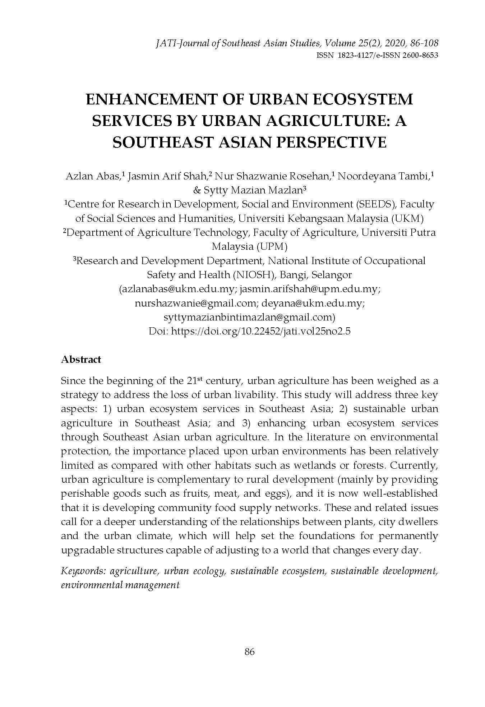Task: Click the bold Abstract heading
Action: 81,360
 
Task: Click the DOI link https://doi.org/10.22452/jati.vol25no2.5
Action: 261,331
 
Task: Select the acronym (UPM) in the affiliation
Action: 272,247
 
